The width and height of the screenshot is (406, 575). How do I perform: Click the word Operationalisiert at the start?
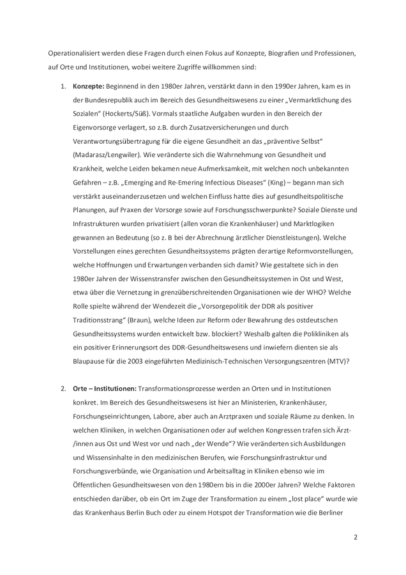pos(75,52)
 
